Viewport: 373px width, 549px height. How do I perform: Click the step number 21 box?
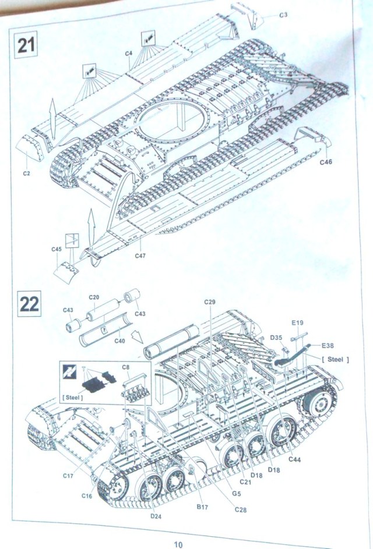tap(26, 45)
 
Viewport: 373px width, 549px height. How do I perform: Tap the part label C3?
tap(283, 15)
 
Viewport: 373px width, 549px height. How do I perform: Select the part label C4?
tap(129, 54)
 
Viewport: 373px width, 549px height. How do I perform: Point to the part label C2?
tap(27, 173)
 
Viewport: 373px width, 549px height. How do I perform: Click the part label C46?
tap(326, 162)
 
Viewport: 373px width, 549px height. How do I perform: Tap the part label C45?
tap(57, 249)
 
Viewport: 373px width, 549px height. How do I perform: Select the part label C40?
tap(120, 341)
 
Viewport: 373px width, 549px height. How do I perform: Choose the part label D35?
tap(276, 337)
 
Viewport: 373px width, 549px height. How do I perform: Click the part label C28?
tap(241, 511)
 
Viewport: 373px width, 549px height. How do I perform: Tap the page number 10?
tap(178, 544)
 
